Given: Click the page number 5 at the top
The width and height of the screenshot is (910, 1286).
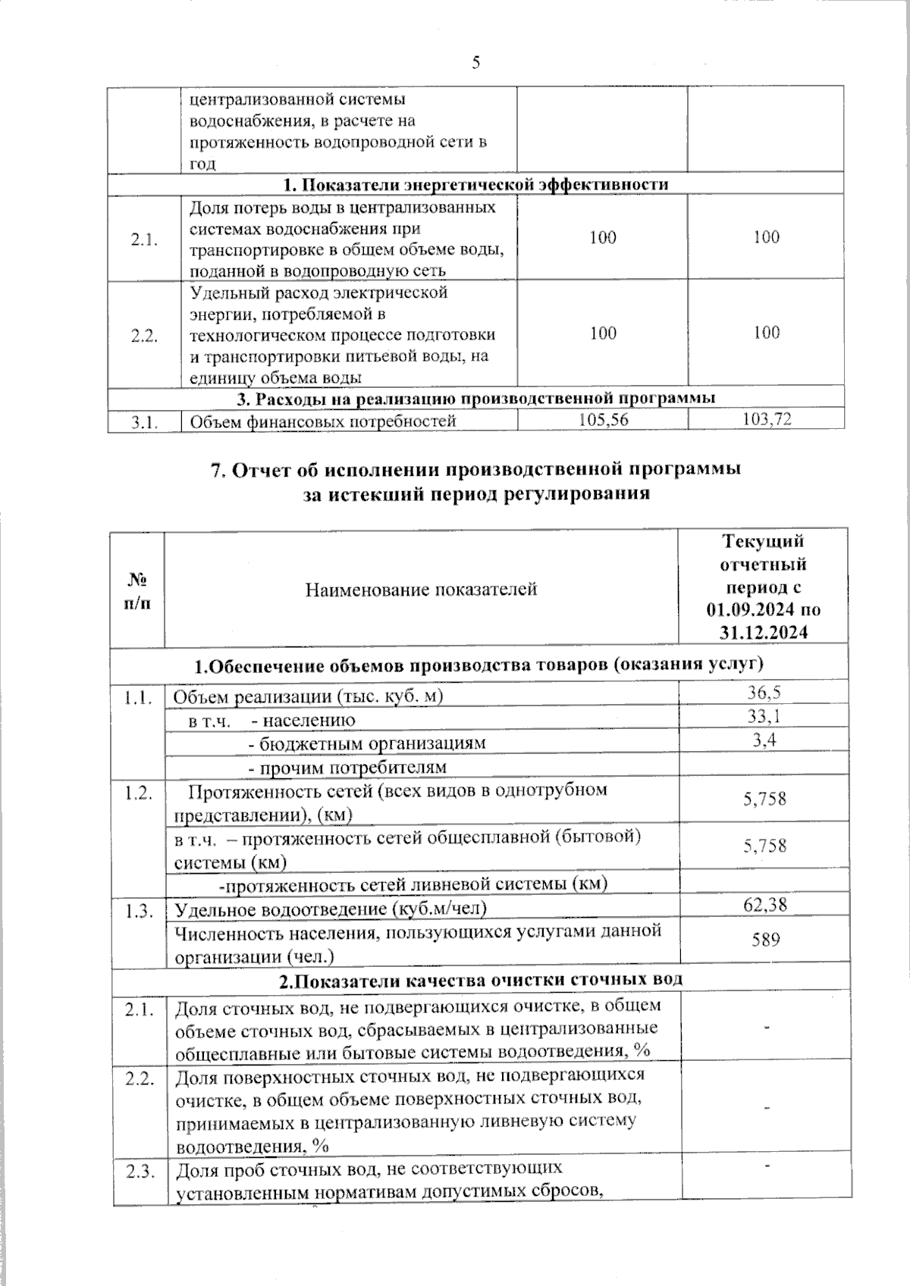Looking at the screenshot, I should (x=475, y=64).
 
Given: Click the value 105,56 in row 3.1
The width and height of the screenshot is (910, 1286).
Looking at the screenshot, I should (x=603, y=420).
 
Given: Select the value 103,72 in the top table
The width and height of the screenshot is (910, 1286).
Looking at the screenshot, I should (x=767, y=420).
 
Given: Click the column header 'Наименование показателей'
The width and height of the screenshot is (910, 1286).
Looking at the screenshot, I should (x=421, y=589).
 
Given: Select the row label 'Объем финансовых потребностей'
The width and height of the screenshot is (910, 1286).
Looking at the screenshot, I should (x=322, y=421).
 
